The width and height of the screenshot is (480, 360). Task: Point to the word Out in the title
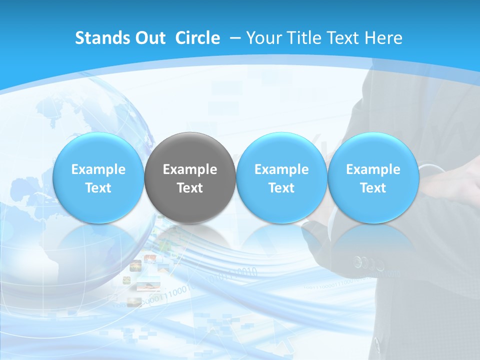point(148,38)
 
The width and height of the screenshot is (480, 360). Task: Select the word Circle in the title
point(197,38)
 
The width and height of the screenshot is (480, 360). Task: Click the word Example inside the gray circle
point(190,169)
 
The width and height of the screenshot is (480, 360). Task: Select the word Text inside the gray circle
point(190,188)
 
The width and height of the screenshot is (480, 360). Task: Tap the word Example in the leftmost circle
point(98,169)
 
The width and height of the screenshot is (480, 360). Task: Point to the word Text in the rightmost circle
point(373,188)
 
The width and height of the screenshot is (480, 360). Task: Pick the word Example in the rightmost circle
point(373,169)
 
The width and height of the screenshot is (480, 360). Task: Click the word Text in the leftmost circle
point(98,188)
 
